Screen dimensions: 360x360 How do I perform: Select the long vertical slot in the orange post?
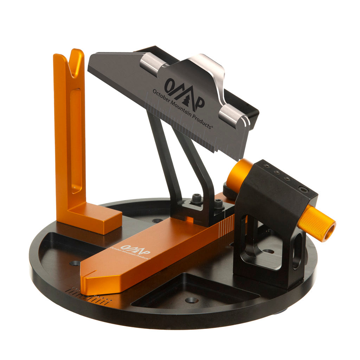click(76, 141)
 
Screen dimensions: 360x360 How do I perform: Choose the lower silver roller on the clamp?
click(232, 114)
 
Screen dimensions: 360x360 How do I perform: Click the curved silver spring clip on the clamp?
click(211, 70)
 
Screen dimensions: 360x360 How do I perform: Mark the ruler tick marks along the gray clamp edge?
click(190, 132)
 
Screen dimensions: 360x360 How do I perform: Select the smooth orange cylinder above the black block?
click(239, 174)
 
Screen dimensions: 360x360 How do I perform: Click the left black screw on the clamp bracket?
click(197, 199)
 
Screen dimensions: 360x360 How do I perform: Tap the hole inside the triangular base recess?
click(192, 300)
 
